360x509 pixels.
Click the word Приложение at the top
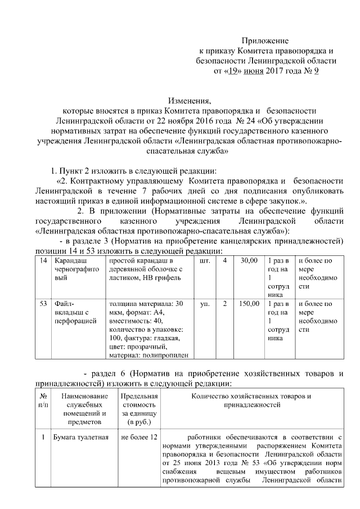(265, 40)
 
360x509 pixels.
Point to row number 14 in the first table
(43, 261)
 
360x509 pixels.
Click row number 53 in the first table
(43, 304)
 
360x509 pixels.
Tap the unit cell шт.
(205, 261)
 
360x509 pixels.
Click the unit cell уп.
(205, 304)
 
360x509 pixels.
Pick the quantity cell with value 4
(225, 261)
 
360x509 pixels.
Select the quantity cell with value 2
(225, 304)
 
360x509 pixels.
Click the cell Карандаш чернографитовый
(75, 269)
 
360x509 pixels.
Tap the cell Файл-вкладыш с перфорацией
(75, 312)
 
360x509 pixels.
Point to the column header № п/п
(43, 400)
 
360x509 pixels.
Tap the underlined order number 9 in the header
(316, 71)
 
